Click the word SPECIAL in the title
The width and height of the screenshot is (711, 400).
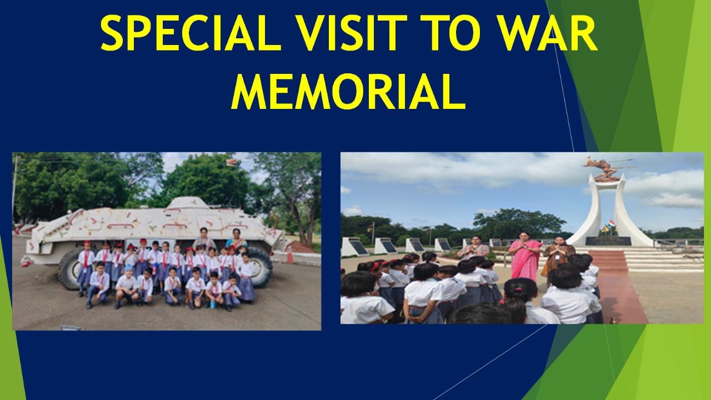pos(191,33)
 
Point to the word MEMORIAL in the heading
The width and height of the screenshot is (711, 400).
pos(348,92)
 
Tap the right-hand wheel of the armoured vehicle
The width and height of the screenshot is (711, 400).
pos(259,267)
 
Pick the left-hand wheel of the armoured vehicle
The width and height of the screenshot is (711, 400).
pos(69,270)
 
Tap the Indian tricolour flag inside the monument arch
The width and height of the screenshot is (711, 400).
pos(612,224)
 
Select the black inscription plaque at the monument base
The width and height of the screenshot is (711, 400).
pos(608,241)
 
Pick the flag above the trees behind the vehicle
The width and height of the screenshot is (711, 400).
pos(231,163)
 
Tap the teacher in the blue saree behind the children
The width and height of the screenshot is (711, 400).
pos(237,238)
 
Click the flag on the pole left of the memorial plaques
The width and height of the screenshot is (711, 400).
pos(369,227)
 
